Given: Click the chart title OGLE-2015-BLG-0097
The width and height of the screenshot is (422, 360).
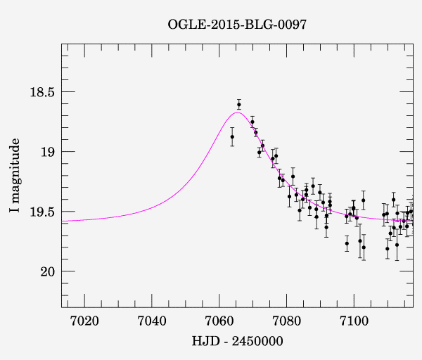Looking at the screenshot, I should pos(237,25).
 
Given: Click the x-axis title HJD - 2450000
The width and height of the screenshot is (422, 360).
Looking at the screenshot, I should pos(237,342).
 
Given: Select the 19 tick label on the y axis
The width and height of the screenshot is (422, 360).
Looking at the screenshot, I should pos(46,152).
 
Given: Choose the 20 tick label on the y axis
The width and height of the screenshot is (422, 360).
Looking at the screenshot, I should pos(46,271).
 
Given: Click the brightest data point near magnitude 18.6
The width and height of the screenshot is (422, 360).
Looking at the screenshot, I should pos(239,104).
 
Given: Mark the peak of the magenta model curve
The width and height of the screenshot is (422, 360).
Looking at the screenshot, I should pos(237,112).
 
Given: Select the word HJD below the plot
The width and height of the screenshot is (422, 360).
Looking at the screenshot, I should pos(203,342).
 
